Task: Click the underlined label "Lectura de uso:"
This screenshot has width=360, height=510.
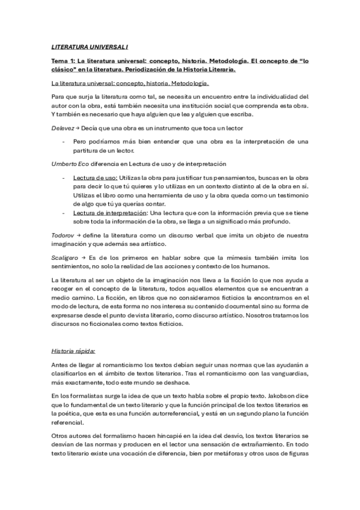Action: tap(96, 179)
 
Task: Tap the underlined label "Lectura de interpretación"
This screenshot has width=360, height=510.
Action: tap(111, 213)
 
